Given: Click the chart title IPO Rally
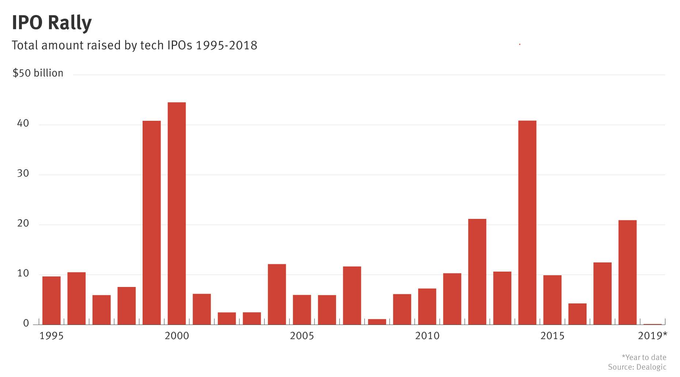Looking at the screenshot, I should point(52,23).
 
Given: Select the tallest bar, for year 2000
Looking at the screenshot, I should point(177,213).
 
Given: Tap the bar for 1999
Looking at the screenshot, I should point(151,223).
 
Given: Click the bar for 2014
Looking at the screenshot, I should point(527,223).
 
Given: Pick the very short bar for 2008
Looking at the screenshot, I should point(377,322).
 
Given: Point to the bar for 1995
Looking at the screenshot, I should point(52,300).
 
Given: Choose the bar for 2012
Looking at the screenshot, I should point(477,272).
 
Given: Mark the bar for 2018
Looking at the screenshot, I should point(627,272).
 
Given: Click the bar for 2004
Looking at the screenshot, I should point(277,294).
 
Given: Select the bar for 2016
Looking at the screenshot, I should point(577,314).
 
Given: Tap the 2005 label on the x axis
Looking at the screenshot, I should point(302,336).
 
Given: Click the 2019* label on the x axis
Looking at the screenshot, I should point(652,336).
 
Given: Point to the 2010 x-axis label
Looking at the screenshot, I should point(427,336).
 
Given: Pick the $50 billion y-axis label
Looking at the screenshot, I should point(38,73).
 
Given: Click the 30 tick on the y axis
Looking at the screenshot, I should point(23,173).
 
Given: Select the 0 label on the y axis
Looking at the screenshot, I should point(26,324).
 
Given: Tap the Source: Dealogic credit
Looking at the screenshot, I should point(637,367).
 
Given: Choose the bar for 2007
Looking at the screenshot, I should point(352,295).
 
